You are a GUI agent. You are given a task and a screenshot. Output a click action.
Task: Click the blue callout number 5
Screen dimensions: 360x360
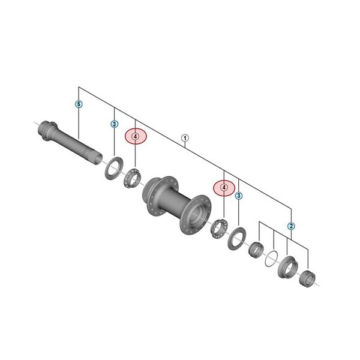pyautogui.click(x=79, y=104)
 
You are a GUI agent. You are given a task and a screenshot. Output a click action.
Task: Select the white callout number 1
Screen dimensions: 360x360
pyautogui.click(x=185, y=138)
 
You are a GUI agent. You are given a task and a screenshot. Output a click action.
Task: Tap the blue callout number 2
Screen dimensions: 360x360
pyautogui.click(x=291, y=226)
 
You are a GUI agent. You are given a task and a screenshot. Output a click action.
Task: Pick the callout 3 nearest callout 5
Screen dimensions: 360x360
pyautogui.click(x=115, y=124)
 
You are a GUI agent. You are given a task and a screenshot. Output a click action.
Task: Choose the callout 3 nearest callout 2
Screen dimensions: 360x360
pyautogui.click(x=239, y=196)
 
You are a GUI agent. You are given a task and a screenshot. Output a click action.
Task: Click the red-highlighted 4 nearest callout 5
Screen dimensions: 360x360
pyautogui.click(x=136, y=137)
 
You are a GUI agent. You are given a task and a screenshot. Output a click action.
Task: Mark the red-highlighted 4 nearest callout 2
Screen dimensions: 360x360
pyautogui.click(x=224, y=188)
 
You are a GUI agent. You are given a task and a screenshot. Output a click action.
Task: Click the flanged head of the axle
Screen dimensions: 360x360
pyautogui.click(x=47, y=130)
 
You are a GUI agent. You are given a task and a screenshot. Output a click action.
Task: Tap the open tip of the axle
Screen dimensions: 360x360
pyautogui.click(x=98, y=159)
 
